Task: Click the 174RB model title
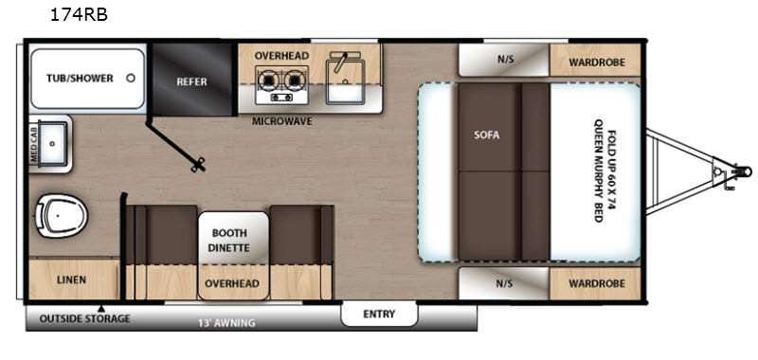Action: tap(79, 15)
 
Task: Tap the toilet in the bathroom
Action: tap(62, 215)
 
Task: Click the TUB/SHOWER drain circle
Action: tap(131, 78)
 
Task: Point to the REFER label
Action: tap(191, 81)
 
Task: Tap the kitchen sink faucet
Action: tap(342, 61)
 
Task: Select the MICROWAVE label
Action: tap(281, 121)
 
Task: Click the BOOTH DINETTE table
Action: tap(233, 238)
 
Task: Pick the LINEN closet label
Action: tap(71, 279)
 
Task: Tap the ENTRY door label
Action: tap(379, 315)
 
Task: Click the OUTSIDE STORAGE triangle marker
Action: tap(101, 308)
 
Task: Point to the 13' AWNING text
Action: tap(226, 323)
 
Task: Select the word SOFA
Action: tap(487, 135)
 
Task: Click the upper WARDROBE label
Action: tap(597, 63)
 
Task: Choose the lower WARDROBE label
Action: tap(597, 283)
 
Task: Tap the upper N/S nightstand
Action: tap(504, 60)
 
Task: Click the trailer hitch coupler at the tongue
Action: tap(742, 171)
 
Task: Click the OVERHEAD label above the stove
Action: tap(281, 56)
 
